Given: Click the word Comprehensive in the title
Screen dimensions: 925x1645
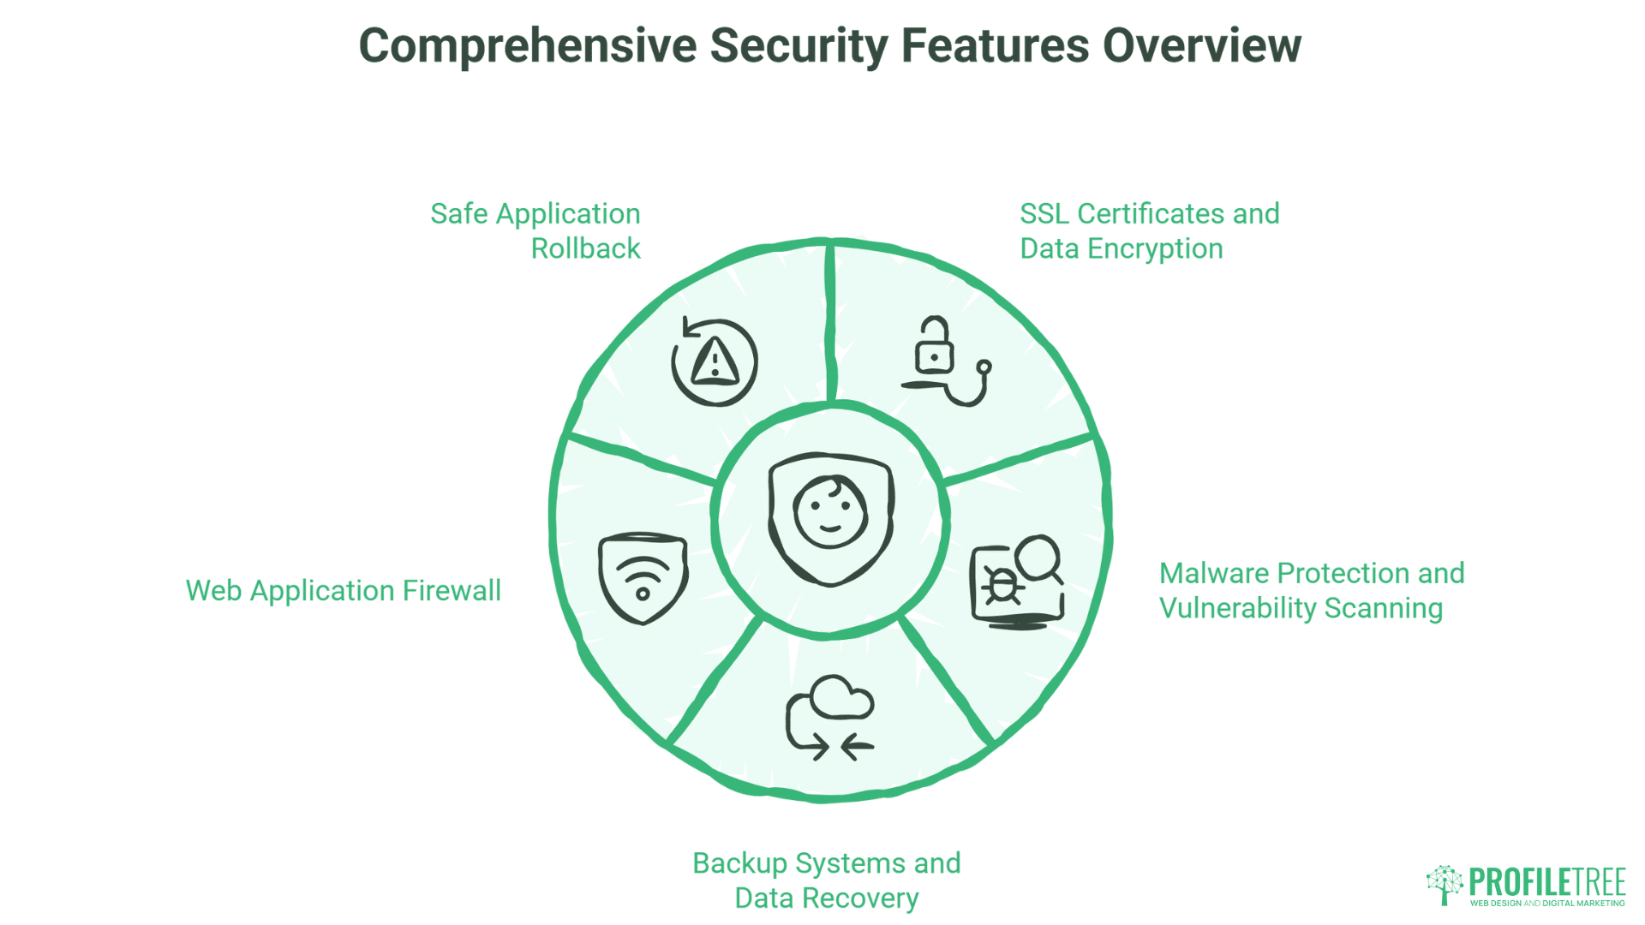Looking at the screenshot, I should (x=527, y=46).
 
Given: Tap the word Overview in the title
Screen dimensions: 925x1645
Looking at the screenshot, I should (x=1201, y=46).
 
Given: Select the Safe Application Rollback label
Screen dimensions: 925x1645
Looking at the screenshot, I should (x=535, y=230).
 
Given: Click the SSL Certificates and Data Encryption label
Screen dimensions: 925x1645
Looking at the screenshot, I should (x=1149, y=230).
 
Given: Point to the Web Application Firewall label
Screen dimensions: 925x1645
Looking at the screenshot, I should (x=343, y=590).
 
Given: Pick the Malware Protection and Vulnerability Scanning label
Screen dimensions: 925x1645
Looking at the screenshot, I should (x=1311, y=590).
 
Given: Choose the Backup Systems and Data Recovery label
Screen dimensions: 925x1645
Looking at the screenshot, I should (x=826, y=880).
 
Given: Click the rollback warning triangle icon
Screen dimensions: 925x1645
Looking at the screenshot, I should (x=715, y=361).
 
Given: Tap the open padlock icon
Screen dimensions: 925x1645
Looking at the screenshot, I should (x=934, y=346).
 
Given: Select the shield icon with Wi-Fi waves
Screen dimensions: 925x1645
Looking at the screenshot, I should (x=643, y=578).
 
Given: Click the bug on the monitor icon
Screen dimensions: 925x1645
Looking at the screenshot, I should (x=1001, y=585).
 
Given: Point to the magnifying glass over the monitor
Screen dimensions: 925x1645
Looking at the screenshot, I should (x=1039, y=558).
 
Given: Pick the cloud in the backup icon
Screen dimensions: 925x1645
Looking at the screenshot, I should (x=841, y=697).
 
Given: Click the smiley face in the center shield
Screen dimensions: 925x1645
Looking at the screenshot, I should (x=829, y=513).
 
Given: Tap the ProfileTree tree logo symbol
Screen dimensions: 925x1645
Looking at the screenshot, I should (x=1445, y=884).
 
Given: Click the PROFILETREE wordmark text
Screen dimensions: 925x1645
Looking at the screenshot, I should (x=1546, y=881).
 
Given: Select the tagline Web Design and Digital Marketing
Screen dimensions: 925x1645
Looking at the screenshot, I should (x=1546, y=903).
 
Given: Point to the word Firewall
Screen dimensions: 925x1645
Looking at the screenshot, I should (x=452, y=590).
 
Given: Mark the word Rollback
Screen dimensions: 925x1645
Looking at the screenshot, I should (x=585, y=248).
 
